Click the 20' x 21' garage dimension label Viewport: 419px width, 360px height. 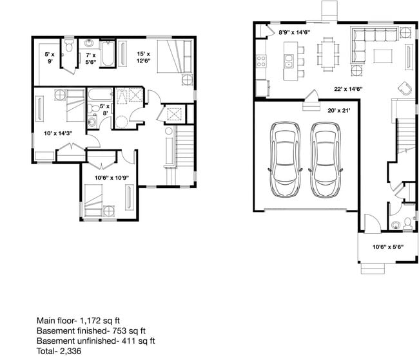(x=339, y=110)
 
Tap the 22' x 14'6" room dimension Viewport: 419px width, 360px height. (x=348, y=89)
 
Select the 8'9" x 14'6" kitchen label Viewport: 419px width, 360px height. (x=294, y=33)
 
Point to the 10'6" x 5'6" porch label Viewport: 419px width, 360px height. (x=388, y=247)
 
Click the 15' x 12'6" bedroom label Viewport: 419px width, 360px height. (x=144, y=57)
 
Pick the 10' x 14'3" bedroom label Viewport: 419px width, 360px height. (x=58, y=133)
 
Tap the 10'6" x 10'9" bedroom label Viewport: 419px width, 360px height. (x=112, y=178)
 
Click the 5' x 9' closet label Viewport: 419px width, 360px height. (x=50, y=58)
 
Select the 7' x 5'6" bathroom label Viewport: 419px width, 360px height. (x=91, y=59)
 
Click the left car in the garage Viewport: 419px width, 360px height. (x=285, y=160)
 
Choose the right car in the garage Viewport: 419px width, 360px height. (x=326, y=160)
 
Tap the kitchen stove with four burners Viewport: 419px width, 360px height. (x=261, y=61)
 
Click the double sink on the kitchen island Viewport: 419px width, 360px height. (x=288, y=61)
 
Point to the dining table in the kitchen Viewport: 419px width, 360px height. (x=328, y=54)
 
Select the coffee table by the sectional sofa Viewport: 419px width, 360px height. (x=383, y=56)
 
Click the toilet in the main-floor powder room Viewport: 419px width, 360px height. (x=407, y=223)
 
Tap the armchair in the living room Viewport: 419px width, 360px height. (x=405, y=88)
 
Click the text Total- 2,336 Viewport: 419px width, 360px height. (x=59, y=351)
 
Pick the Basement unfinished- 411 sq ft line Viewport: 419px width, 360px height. (x=95, y=341)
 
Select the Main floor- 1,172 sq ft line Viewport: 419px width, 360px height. (x=78, y=321)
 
